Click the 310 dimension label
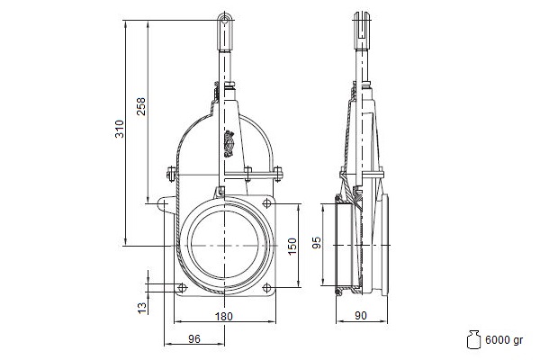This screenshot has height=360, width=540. [119, 129]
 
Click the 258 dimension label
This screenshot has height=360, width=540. [141, 106]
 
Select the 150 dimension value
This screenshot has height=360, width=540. [292, 247]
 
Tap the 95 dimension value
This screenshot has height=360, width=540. [317, 242]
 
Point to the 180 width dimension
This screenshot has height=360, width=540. [224, 316]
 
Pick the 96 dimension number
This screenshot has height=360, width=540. [194, 339]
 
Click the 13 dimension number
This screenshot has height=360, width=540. [142, 308]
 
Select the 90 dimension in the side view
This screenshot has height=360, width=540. [361, 316]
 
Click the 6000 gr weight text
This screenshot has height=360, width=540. [504, 340]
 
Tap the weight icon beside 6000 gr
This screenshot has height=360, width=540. [473, 339]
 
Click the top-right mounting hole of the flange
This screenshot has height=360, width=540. [266, 203]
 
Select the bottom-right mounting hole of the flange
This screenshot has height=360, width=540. [266, 288]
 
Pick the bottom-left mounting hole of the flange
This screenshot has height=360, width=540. [182, 288]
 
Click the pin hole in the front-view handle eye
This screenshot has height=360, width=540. [225, 20]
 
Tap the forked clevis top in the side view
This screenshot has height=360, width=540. [362, 25]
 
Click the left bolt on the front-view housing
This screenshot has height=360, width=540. [170, 174]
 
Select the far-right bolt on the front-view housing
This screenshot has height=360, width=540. [277, 174]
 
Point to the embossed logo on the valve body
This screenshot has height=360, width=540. [229, 144]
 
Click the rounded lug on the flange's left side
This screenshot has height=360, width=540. [164, 203]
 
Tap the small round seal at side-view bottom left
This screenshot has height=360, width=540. [338, 292]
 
